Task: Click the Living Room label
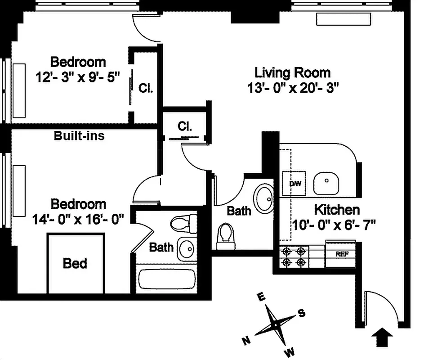tap(292, 72)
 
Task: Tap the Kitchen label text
tap(336, 210)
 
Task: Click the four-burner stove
tap(294, 256)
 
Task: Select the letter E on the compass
tap(259, 297)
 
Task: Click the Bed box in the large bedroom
tap(75, 263)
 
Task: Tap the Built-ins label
tap(79, 135)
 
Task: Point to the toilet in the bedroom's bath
tap(183, 222)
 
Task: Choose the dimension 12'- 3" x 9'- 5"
tap(78, 77)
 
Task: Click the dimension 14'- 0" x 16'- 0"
tap(78, 219)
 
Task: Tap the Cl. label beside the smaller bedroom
tap(146, 88)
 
